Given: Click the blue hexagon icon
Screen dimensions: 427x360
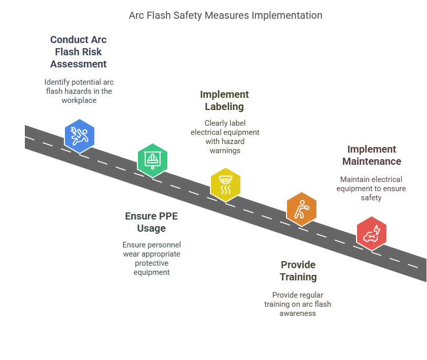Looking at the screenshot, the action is tap(80, 136).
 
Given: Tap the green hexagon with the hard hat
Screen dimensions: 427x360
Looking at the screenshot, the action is tap(153, 160).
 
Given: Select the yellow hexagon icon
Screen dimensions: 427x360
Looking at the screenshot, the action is tap(226, 185).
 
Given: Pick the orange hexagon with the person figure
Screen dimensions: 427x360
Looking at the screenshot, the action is tap(301, 209).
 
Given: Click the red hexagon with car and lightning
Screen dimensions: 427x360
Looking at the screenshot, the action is tap(371, 233).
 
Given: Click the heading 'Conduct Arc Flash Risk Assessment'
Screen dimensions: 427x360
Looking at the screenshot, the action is tap(79, 52).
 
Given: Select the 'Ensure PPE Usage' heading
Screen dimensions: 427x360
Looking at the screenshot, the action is tap(152, 222).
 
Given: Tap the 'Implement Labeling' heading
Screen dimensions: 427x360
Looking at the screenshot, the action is tap(224, 100).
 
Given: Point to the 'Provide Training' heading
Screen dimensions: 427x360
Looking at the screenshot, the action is tap(298, 271).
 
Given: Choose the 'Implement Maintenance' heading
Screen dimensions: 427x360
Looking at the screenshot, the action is tap(372, 155).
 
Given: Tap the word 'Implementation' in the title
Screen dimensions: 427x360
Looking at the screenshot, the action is tap(287, 16).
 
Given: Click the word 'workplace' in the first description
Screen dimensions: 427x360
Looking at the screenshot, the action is tap(79, 100).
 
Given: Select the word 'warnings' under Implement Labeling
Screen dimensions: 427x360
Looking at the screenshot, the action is tap(225, 151).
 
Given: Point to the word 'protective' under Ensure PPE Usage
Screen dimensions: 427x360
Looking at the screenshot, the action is tap(152, 263).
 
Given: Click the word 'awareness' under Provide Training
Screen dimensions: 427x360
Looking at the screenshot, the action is tap(298, 313).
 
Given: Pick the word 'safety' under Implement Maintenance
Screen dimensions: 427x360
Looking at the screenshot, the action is tap(371, 198).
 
